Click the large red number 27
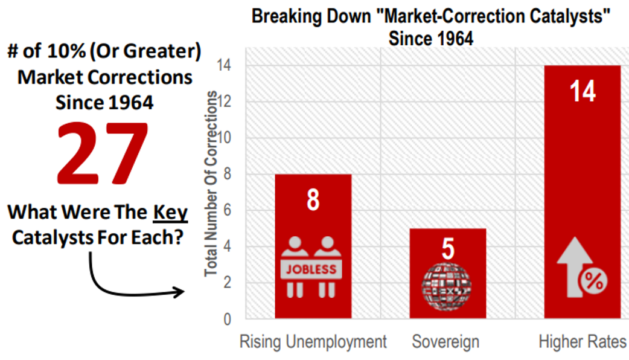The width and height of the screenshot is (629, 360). (x=102, y=155)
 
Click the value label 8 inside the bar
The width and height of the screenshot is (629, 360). (x=313, y=200)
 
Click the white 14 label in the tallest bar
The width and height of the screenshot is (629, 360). (x=583, y=92)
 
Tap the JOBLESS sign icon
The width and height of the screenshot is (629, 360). (x=312, y=268)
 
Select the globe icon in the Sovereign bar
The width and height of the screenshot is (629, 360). (x=447, y=288)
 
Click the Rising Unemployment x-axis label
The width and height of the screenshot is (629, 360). (x=313, y=342)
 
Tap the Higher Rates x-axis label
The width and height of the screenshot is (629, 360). (x=583, y=342)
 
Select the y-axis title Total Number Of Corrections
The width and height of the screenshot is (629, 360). (x=211, y=184)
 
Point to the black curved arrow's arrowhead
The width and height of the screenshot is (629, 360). (x=180, y=293)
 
